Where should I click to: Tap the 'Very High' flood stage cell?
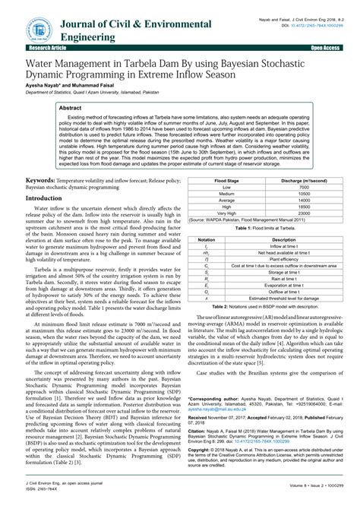(x=226, y=214)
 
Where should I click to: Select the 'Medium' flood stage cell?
(x=226, y=194)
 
